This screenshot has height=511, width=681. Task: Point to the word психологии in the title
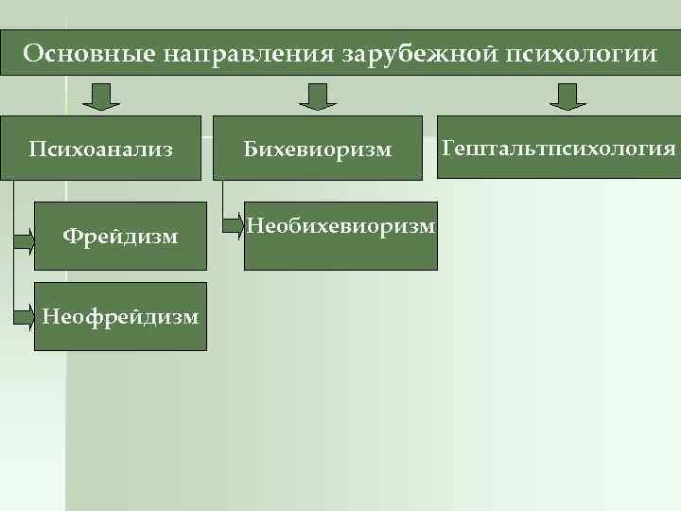point(578,53)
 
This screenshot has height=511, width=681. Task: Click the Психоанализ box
point(101,148)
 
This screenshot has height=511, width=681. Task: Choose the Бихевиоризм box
point(318,148)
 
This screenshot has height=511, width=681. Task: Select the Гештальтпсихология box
point(559,148)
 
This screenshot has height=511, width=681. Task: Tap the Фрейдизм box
point(120,236)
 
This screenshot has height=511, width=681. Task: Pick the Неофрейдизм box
point(120,316)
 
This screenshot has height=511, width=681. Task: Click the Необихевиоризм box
point(340,235)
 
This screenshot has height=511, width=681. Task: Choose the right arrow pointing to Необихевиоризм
point(233,225)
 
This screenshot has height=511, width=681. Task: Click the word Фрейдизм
point(120,236)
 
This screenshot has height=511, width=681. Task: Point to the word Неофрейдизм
point(120,316)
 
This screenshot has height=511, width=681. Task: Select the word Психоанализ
point(101,149)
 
